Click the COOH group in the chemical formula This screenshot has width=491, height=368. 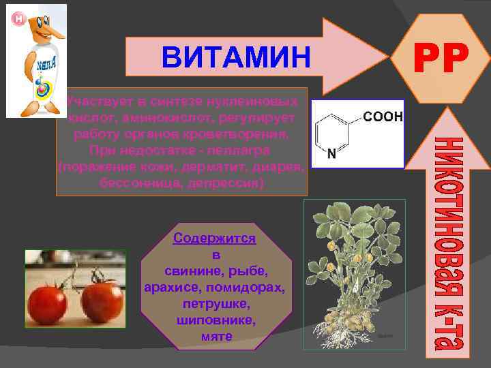tap(385, 117)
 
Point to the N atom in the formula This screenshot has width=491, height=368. tap(331, 154)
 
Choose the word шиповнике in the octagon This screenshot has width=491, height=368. tap(216, 320)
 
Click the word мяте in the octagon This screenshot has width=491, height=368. tap(217, 336)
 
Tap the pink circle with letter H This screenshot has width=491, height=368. tap(19, 18)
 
